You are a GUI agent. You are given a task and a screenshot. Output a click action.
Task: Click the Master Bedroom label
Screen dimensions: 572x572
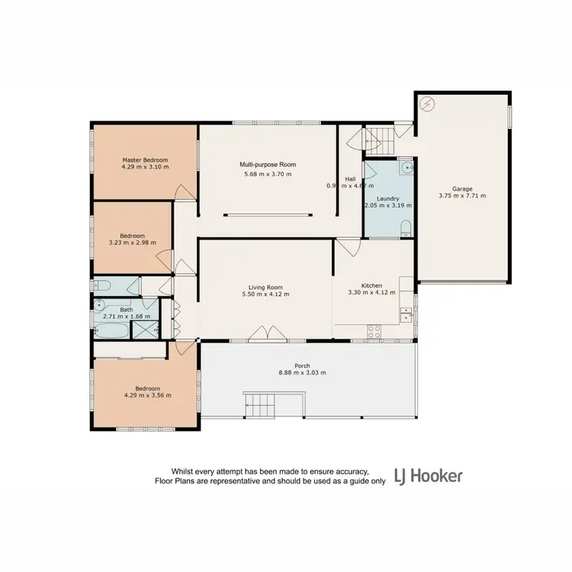point(145,159)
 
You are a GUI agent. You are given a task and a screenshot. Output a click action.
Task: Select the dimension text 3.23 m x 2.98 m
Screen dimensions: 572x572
point(132,243)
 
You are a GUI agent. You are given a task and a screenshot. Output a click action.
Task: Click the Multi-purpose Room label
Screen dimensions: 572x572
point(267,164)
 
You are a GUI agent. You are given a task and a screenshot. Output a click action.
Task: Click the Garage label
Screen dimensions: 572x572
point(461,188)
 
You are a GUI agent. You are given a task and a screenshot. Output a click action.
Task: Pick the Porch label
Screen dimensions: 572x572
point(303,365)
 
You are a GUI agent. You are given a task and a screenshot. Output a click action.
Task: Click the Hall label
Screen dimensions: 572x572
point(349,178)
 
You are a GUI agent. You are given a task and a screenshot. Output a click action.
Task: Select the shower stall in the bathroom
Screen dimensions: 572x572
point(145,329)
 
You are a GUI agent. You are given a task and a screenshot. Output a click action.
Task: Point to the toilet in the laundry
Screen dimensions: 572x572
point(406,227)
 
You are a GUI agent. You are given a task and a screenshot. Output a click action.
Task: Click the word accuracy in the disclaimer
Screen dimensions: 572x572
point(349,472)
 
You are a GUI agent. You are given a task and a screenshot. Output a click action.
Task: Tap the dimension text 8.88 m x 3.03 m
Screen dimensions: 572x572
point(303,373)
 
